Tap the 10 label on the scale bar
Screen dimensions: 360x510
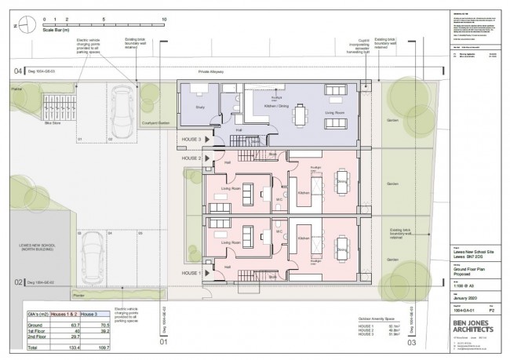[163, 16]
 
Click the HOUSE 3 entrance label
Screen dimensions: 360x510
[192, 140]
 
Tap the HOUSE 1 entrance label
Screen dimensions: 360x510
[192, 273]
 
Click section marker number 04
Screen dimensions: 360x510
[16, 72]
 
